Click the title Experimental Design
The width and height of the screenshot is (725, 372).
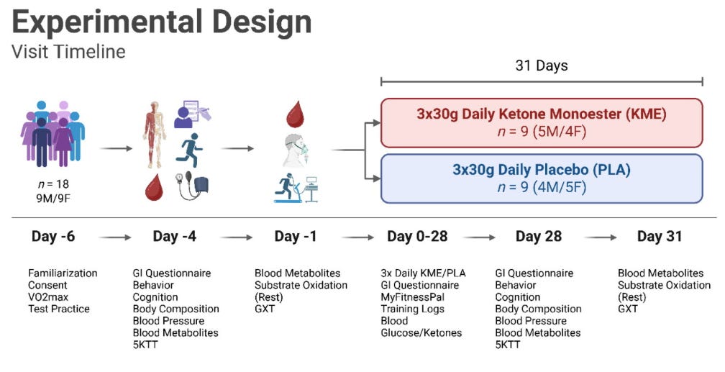162,22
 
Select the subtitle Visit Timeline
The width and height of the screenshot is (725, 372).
68,52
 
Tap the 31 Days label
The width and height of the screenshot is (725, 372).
541,65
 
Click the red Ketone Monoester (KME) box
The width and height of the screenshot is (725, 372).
541,122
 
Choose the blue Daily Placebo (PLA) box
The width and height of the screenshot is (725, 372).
541,178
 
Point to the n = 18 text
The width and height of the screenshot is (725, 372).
53,183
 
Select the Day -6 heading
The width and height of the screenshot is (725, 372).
54,237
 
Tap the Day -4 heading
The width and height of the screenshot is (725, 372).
175,237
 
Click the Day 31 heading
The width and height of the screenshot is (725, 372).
659,237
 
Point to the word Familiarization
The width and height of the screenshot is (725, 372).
63,273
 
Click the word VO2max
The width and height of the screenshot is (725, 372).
49,297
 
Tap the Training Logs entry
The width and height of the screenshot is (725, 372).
413,309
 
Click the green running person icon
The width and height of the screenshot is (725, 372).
189,150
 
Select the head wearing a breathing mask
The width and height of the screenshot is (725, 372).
296,150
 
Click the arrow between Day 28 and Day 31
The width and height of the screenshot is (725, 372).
601,237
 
